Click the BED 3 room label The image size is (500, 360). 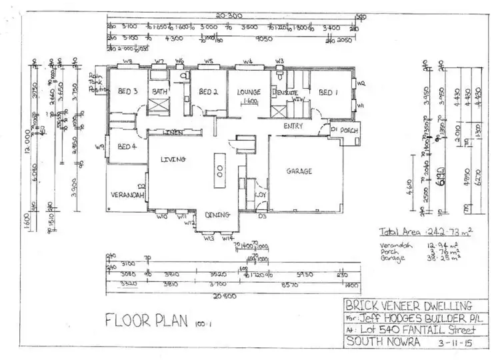(x=127, y=91)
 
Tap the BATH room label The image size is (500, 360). (x=159, y=91)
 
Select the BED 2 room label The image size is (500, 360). (x=209, y=91)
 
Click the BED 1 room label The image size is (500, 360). (x=328, y=91)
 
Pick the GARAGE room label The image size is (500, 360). (x=299, y=171)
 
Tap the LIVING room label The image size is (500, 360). (x=172, y=159)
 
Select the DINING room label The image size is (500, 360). (x=218, y=215)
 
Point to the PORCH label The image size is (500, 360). (x=349, y=131)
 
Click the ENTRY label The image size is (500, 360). (x=293, y=125)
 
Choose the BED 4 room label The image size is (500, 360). (x=127, y=147)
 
